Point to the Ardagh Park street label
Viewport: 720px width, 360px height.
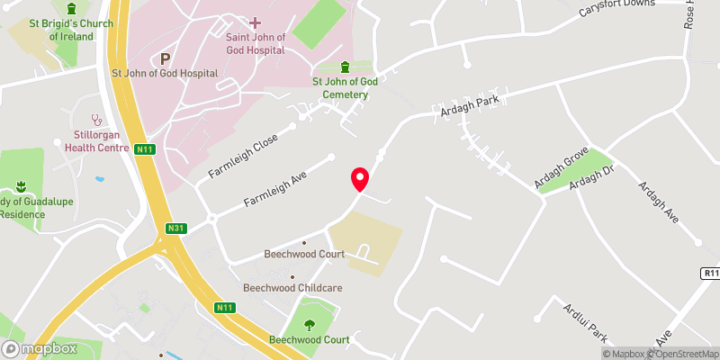[x=469, y=112]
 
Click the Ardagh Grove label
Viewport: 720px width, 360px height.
[x=561, y=166]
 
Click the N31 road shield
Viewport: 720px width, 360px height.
[x=175, y=229]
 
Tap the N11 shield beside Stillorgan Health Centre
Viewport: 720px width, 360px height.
[x=143, y=149]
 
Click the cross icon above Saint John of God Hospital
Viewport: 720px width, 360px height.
[x=255, y=22]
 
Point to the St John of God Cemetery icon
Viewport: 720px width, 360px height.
[x=346, y=67]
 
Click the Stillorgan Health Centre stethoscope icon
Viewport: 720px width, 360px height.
[x=96, y=119]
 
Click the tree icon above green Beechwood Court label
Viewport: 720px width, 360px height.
[x=310, y=325]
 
